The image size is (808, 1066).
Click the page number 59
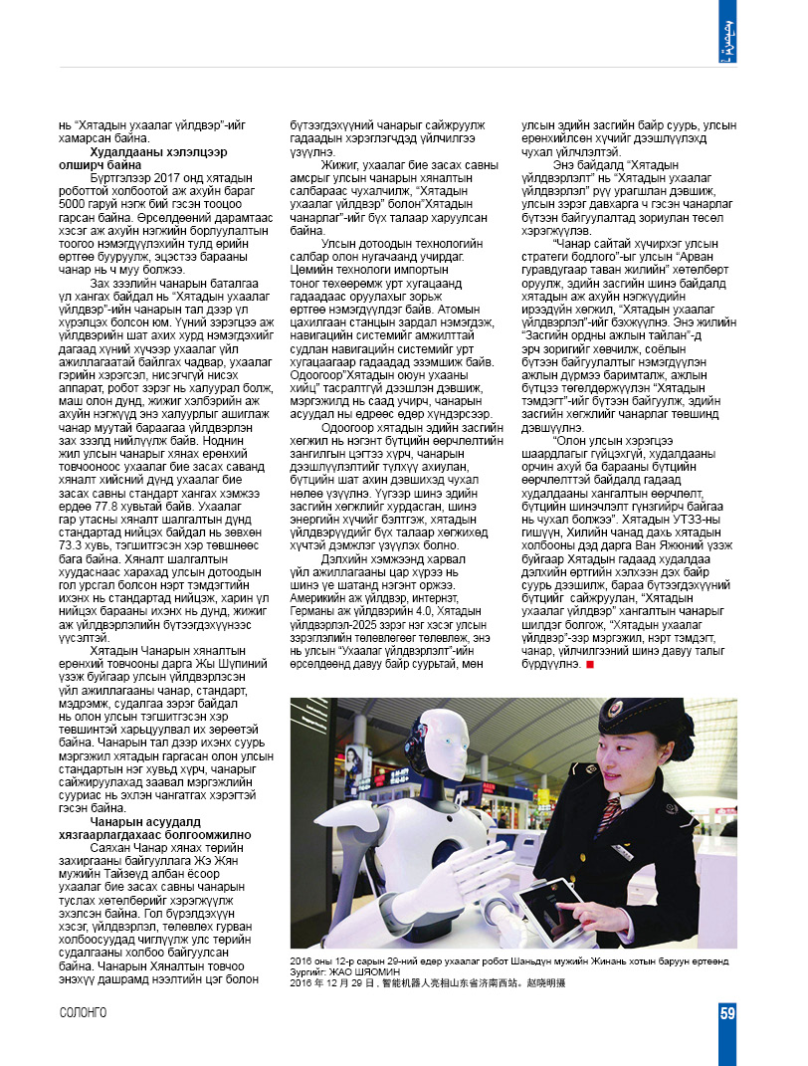pos(727,1014)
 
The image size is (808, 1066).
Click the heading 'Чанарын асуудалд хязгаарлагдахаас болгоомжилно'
pos(159,828)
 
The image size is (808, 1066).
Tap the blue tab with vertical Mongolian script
pos(728,33)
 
